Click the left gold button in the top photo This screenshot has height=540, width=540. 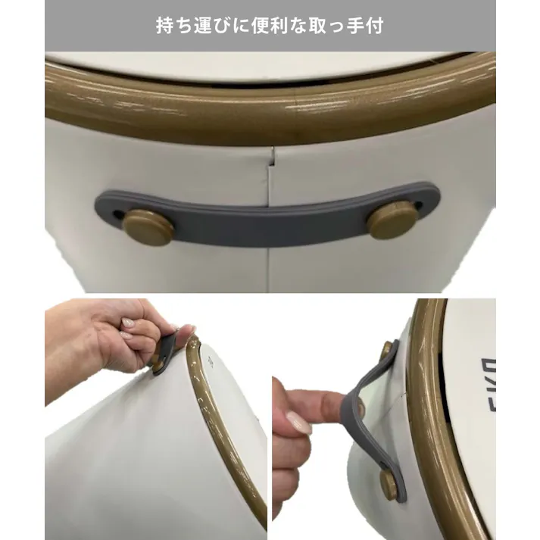point(148,227)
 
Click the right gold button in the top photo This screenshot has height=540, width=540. point(392,220)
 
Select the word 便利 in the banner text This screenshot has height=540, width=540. point(261,26)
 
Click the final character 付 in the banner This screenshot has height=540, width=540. point(374,26)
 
